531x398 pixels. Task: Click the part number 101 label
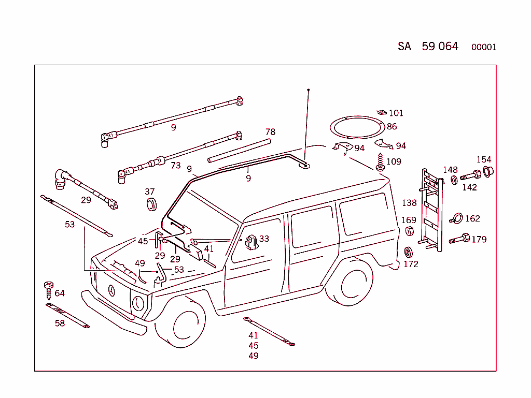click(x=396, y=113)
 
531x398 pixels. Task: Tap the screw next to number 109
click(x=381, y=162)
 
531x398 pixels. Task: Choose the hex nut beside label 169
click(x=409, y=231)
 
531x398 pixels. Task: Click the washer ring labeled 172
click(x=408, y=253)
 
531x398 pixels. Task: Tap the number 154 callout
click(x=483, y=159)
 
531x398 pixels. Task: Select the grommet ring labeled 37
click(x=150, y=204)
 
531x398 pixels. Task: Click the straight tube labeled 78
click(x=240, y=150)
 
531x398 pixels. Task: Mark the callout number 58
click(x=60, y=323)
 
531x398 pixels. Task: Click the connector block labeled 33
click(x=251, y=242)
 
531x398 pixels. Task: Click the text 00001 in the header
click(x=483, y=48)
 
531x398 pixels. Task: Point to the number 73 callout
click(x=176, y=166)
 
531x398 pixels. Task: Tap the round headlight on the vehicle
click(x=138, y=303)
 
